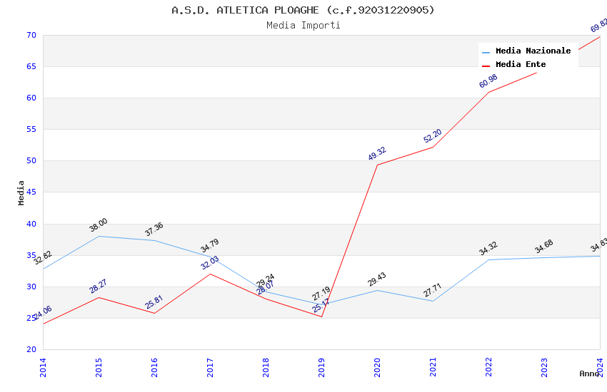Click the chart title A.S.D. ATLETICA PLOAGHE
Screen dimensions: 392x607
pyautogui.click(x=303, y=10)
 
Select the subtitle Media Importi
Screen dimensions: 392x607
pyautogui.click(x=303, y=26)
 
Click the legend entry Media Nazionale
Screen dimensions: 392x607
pyautogui.click(x=533, y=51)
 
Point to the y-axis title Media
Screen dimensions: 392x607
pyautogui.click(x=21, y=192)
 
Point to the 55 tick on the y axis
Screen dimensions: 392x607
pyautogui.click(x=31, y=130)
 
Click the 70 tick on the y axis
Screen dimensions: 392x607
pyautogui.click(x=31, y=35)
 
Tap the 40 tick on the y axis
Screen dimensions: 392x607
pyautogui.click(x=31, y=224)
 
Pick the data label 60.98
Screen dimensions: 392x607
pyautogui.click(x=488, y=81)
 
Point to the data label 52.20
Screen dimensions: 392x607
pyautogui.click(x=433, y=135)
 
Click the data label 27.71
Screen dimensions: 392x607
pyautogui.click(x=433, y=290)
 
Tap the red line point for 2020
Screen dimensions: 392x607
pyautogui.click(x=377, y=165)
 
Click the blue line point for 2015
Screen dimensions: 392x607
pyautogui.click(x=99, y=236)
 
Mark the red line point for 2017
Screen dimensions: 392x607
pyautogui.click(x=210, y=274)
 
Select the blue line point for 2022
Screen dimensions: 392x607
pyautogui.click(x=488, y=259)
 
